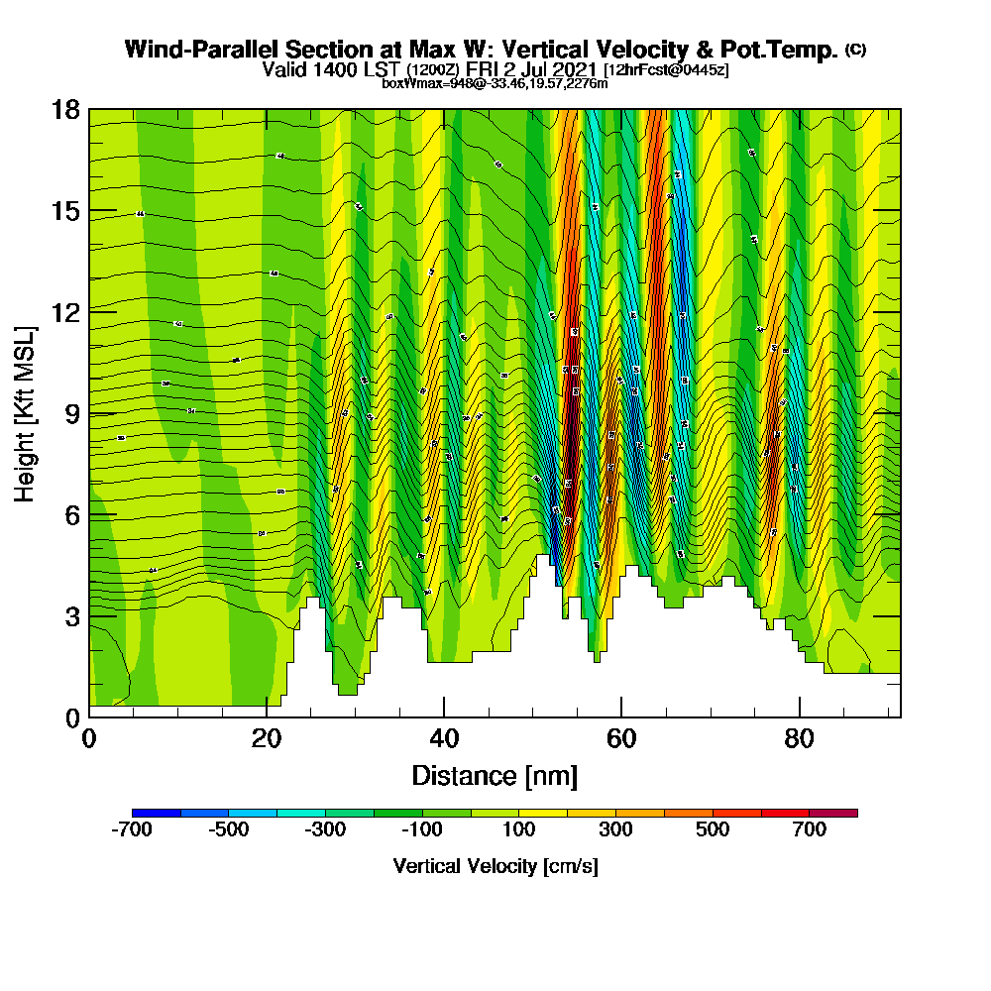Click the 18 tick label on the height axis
(65, 109)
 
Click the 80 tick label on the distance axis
(799, 738)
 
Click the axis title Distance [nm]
(495, 775)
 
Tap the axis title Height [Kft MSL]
(26, 412)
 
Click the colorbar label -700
(132, 829)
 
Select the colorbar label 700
(810, 829)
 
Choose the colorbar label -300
(326, 829)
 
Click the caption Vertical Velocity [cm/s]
(495, 866)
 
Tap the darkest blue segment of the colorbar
(157, 813)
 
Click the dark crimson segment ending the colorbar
(833, 813)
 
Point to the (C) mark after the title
(855, 50)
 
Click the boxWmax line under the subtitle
(495, 83)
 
